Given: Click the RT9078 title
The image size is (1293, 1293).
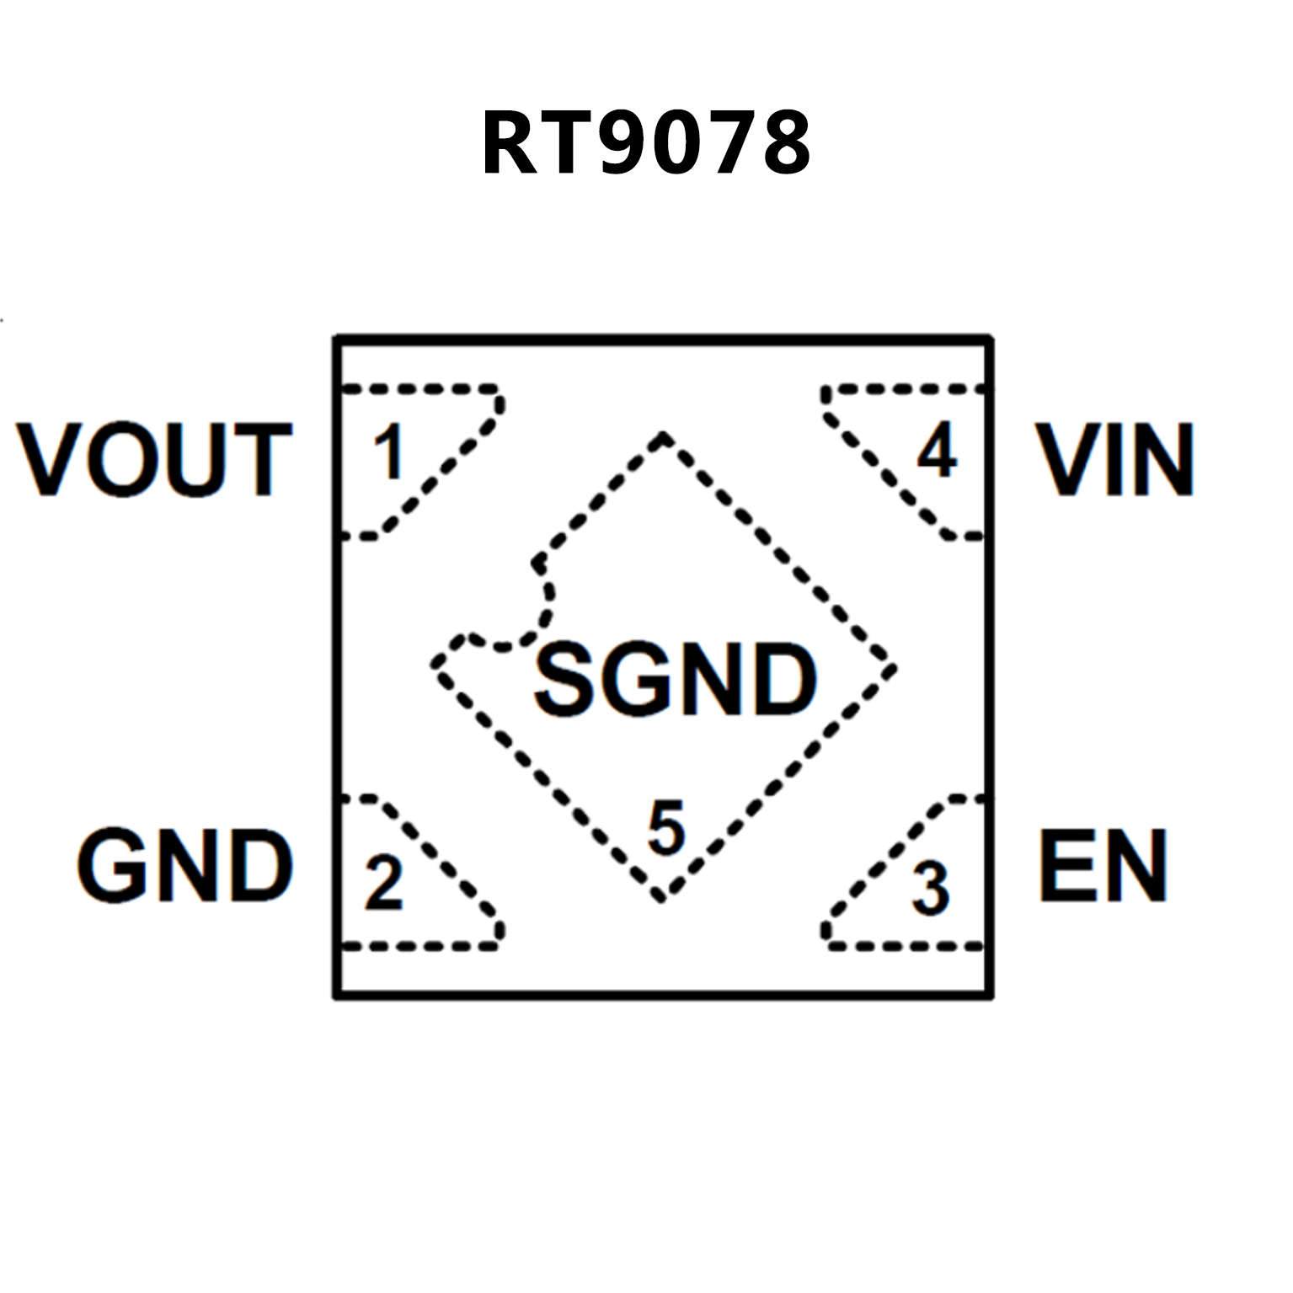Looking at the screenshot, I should click(x=646, y=143).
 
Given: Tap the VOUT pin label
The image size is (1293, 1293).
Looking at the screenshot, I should click(x=154, y=459).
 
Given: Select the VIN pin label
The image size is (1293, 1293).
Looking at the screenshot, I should click(x=1115, y=459).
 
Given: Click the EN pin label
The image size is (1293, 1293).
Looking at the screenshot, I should click(x=1103, y=866).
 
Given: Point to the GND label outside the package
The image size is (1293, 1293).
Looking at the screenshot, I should click(x=184, y=866).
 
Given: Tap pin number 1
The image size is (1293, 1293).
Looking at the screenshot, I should click(x=389, y=452).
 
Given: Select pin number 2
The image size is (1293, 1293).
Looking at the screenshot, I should click(x=384, y=883).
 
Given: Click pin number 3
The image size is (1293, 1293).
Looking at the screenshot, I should click(x=931, y=889).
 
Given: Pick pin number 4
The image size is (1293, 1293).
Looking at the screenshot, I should click(x=937, y=451).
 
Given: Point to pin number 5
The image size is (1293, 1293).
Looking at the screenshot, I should click(x=666, y=829).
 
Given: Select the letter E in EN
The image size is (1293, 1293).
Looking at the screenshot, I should click(x=1064, y=866).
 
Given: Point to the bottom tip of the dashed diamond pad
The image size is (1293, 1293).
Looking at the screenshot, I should click(x=662, y=898).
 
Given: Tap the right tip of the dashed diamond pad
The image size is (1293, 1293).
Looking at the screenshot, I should click(x=891, y=668).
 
